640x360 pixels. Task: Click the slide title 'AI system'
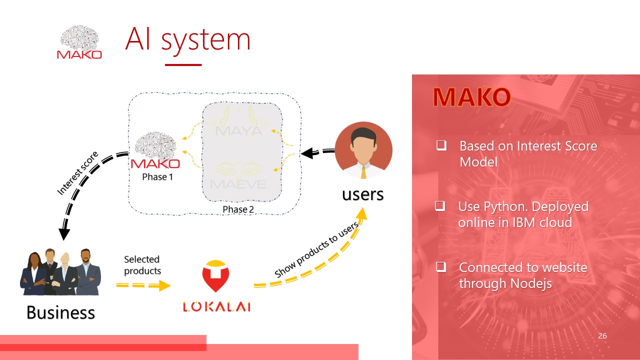pyautogui.click(x=187, y=40)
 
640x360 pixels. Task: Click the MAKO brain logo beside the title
pyautogui.click(x=79, y=43)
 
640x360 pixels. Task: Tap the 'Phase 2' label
pyautogui.click(x=238, y=209)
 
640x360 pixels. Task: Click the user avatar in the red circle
pyautogui.click(x=363, y=150)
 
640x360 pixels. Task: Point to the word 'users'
pyautogui.click(x=362, y=194)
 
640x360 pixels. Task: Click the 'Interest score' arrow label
pyautogui.click(x=77, y=173)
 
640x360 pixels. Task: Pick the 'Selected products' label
pyautogui.click(x=142, y=265)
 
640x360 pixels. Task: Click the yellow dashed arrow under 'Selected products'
pyautogui.click(x=143, y=285)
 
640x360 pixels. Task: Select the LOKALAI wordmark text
pyautogui.click(x=216, y=306)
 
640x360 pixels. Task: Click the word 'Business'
pyautogui.click(x=60, y=312)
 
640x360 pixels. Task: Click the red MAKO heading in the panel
pyautogui.click(x=471, y=97)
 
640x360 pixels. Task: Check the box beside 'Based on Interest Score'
pyautogui.click(x=441, y=146)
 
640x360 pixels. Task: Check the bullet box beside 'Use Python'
pyautogui.click(x=440, y=206)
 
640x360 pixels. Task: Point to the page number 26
pyautogui.click(x=602, y=336)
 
